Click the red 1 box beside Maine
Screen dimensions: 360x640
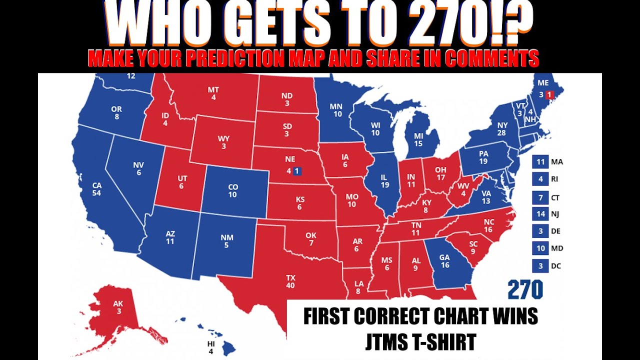click(549, 94)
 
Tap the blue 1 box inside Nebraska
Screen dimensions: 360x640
click(297, 171)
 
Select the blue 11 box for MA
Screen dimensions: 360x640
click(540, 161)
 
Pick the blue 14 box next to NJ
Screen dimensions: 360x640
click(540, 214)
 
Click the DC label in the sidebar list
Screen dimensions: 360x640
click(556, 266)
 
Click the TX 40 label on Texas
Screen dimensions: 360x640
click(290, 281)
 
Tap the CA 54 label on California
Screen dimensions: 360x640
click(96, 189)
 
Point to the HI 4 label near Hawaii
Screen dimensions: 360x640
click(210, 347)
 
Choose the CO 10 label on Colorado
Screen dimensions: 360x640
click(233, 190)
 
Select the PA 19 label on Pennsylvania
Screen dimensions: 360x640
click(483, 157)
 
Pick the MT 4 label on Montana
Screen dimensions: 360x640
click(213, 93)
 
